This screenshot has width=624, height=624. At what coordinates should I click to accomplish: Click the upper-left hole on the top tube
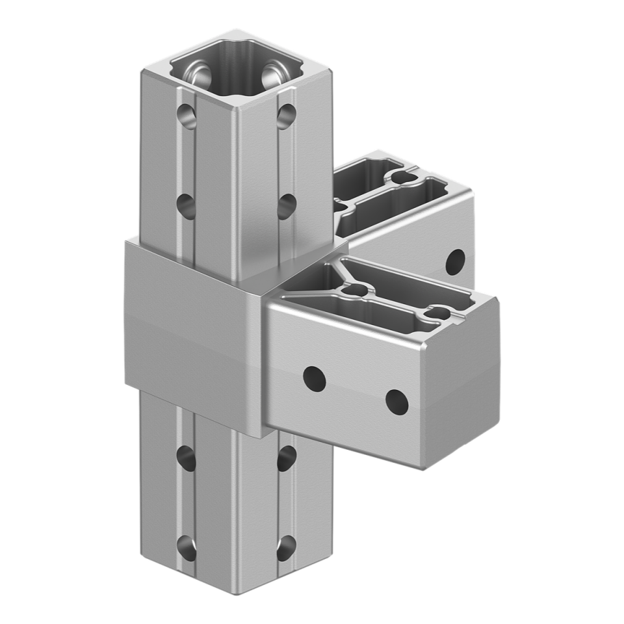186,115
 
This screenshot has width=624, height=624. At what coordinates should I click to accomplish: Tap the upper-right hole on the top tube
283,115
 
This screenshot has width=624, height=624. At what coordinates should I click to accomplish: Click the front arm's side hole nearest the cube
315,378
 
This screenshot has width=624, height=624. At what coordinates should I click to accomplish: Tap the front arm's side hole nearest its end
396,402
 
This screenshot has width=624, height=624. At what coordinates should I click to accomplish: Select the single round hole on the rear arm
458,260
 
